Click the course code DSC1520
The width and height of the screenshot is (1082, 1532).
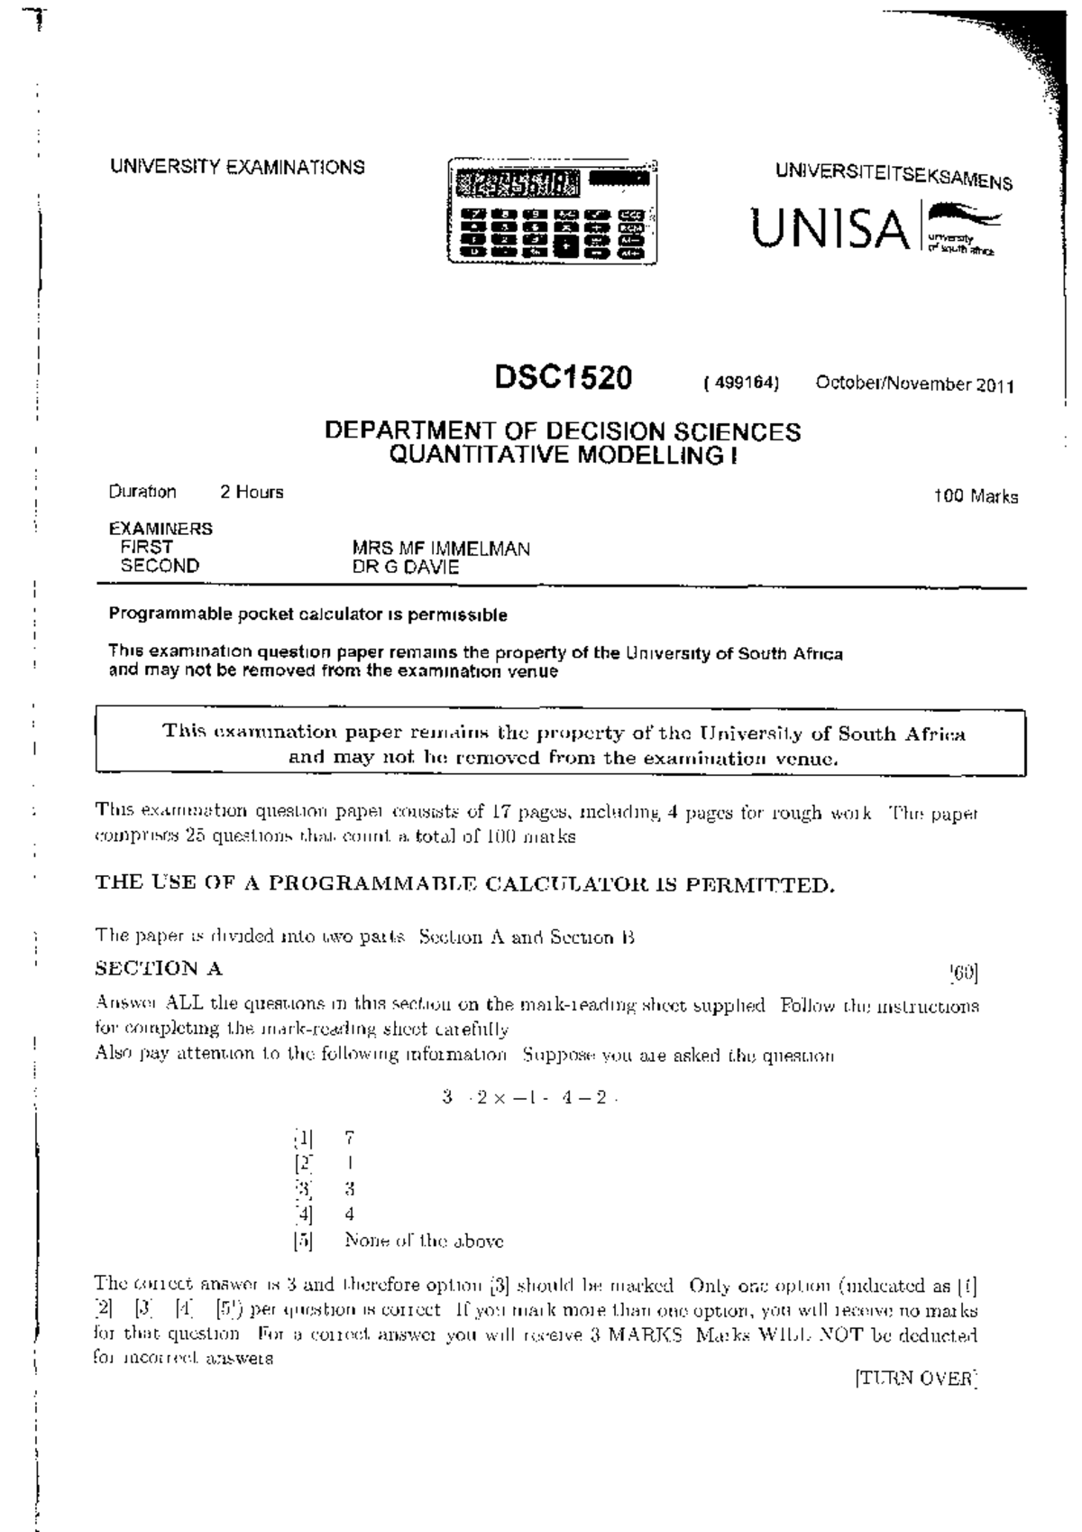tap(564, 377)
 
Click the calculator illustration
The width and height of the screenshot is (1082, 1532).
tap(552, 212)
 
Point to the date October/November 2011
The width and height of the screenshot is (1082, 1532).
tap(915, 384)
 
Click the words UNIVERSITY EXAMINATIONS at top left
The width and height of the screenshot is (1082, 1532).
tap(237, 167)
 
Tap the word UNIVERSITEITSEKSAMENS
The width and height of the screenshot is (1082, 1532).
tap(894, 176)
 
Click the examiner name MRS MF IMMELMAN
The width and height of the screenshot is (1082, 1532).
tap(440, 549)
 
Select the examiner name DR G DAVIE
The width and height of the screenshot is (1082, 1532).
tap(405, 568)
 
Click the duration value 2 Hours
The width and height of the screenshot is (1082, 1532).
tap(252, 492)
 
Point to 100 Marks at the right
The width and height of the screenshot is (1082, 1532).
tap(976, 496)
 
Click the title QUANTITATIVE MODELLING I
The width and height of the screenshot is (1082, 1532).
tap(563, 456)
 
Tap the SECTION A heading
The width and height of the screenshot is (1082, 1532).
tap(159, 969)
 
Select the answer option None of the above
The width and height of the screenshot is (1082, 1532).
tap(424, 1241)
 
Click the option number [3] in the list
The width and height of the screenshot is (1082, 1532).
tap(302, 1189)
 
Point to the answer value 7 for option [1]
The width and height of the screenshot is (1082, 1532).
tap(350, 1139)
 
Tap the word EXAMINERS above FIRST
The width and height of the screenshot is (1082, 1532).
tap(160, 529)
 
